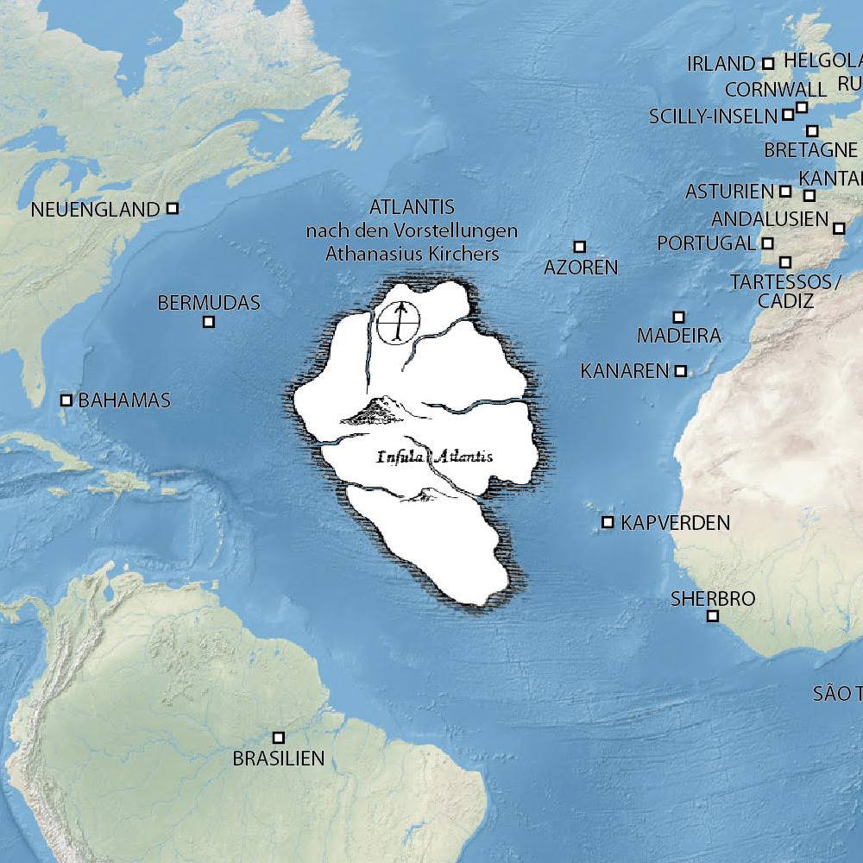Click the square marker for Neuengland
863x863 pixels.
[173, 208]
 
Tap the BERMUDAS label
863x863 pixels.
[209, 303]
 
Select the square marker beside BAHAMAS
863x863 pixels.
[66, 400]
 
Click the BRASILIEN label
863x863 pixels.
[279, 759]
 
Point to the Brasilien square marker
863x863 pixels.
[279, 738]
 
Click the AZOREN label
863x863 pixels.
[581, 268]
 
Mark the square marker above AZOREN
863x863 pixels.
[580, 247]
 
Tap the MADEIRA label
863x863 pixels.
[678, 336]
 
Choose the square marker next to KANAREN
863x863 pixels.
[681, 371]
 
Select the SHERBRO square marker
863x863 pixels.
[713, 615]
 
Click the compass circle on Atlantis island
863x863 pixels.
[398, 324]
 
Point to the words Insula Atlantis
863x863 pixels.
[435, 457]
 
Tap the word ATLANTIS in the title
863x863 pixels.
[412, 207]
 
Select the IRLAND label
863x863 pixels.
[721, 64]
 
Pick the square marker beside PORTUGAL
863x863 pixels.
[768, 243]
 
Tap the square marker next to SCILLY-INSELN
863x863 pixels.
[788, 114]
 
